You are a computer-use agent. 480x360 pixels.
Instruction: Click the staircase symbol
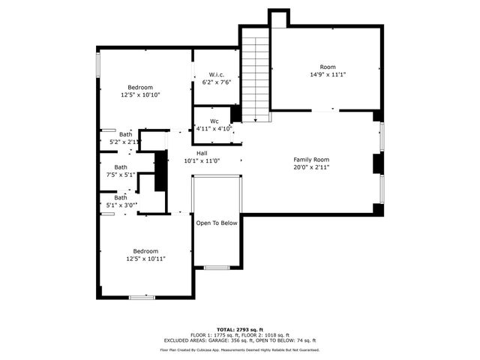click(x=255, y=75)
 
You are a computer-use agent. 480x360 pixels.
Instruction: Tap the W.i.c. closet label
click(x=217, y=74)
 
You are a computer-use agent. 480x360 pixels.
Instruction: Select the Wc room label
click(x=214, y=121)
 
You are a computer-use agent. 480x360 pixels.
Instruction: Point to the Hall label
click(x=202, y=152)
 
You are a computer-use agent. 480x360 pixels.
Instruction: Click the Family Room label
click(x=310, y=159)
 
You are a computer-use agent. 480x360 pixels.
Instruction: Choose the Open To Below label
click(x=217, y=223)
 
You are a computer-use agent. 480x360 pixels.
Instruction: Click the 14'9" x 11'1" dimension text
click(x=328, y=74)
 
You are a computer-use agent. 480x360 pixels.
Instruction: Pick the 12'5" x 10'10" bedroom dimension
click(x=141, y=95)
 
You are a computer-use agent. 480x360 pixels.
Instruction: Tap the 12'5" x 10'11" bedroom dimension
click(x=145, y=259)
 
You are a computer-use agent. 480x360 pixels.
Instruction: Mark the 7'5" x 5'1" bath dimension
click(x=120, y=175)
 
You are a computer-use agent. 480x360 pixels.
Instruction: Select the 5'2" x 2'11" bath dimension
click(x=124, y=141)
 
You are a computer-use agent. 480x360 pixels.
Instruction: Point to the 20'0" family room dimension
click(x=310, y=167)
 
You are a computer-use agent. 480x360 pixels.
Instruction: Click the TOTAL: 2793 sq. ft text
click(x=239, y=329)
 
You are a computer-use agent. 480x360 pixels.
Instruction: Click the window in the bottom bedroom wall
click(x=141, y=297)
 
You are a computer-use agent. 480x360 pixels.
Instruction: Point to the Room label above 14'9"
click(x=328, y=66)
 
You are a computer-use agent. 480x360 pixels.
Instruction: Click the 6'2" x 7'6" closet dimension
click(x=217, y=82)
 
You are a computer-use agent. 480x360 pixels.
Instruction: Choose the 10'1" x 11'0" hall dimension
click(x=202, y=160)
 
